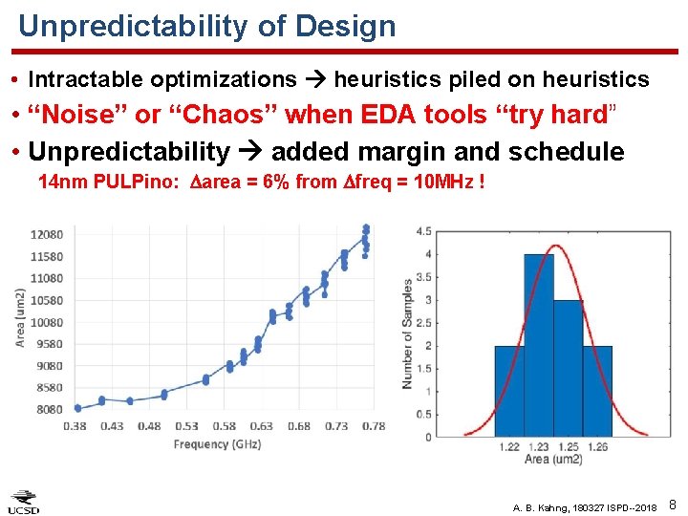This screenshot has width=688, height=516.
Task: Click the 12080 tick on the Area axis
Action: pyautogui.click(x=47, y=235)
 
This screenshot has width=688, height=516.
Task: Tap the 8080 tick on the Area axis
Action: pyautogui.click(x=50, y=410)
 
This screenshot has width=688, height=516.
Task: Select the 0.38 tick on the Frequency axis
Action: pyautogui.click(x=75, y=426)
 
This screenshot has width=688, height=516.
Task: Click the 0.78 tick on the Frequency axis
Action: pyautogui.click(x=373, y=426)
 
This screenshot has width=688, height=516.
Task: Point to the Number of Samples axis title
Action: pyautogui.click(x=408, y=333)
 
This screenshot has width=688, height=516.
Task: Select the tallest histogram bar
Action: pyautogui.click(x=539, y=345)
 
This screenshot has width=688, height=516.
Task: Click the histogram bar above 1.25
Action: pyautogui.click(x=568, y=368)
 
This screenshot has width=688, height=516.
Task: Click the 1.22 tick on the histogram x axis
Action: pyautogui.click(x=509, y=447)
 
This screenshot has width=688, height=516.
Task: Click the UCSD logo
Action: pyautogui.click(x=24, y=502)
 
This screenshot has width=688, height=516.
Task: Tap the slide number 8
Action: pyautogui.click(x=673, y=504)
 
